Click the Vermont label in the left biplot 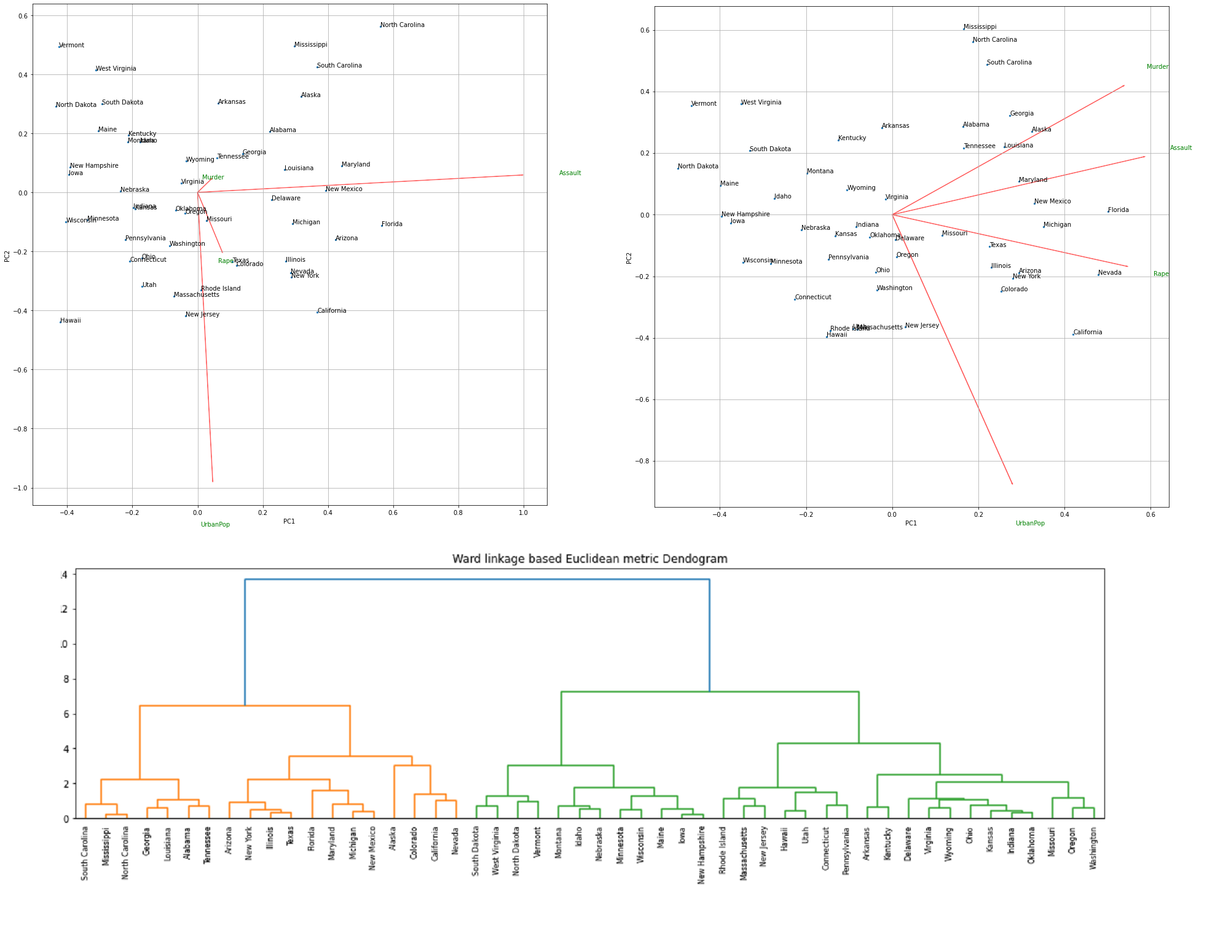pos(71,45)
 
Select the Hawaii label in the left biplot pos(71,321)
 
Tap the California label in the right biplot pos(1087,332)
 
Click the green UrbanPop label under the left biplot pos(215,525)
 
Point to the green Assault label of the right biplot pos(1181,148)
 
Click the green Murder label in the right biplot pos(1157,67)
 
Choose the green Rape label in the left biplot pos(225,261)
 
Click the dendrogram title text pos(589,559)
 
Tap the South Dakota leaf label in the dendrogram pos(476,851)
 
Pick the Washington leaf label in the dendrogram pos(1093,848)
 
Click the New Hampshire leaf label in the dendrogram pos(702,855)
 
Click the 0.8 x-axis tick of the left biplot pos(458,513)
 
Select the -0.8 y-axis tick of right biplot pos(642,462)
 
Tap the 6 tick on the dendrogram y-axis pos(66,714)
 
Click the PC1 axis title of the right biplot pos(911,524)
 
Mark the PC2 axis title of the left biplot pos(7,256)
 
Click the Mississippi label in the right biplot pos(980,27)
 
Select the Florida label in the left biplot pos(391,224)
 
